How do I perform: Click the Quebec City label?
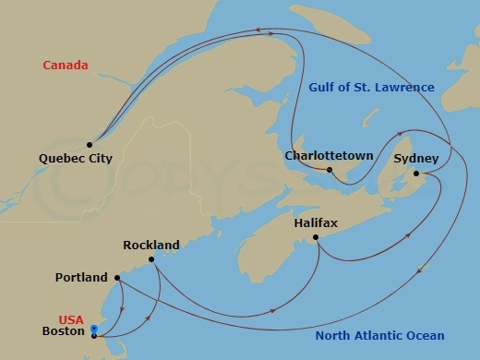pyautogui.click(x=76, y=159)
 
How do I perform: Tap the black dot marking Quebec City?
pyautogui.click(x=90, y=144)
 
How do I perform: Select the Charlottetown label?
pyautogui.click(x=330, y=156)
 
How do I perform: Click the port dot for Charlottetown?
pyautogui.click(x=330, y=169)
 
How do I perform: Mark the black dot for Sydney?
pyautogui.click(x=415, y=174)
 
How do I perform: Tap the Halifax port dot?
pyautogui.click(x=316, y=238)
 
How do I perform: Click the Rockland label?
pyautogui.click(x=150, y=245)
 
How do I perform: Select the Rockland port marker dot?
pyautogui.click(x=151, y=259)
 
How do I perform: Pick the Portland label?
pyautogui.click(x=81, y=277)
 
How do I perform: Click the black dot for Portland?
pyautogui.click(x=117, y=277)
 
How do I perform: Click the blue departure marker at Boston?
pyautogui.click(x=94, y=329)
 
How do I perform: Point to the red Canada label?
pyautogui.click(x=66, y=66)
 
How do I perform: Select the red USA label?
pyautogui.click(x=71, y=320)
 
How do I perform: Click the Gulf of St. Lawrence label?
pyautogui.click(x=370, y=88)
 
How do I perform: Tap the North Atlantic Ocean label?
pyautogui.click(x=379, y=336)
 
